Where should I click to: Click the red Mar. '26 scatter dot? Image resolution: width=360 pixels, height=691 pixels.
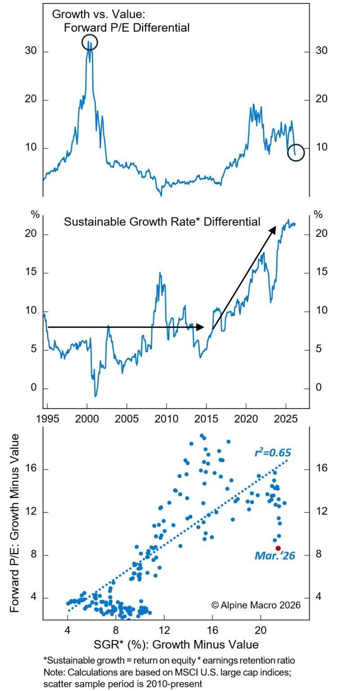(278, 548)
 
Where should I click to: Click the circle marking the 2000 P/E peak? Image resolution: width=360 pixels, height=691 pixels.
(90, 42)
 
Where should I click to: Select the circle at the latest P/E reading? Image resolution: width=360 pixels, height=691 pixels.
(296, 153)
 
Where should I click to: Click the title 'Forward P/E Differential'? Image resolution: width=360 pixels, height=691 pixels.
(126, 27)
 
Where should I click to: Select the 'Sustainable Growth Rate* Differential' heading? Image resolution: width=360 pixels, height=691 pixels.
(162, 221)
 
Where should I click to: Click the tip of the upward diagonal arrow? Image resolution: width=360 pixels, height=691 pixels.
(275, 227)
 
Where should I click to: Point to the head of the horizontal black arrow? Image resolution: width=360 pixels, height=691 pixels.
(203, 328)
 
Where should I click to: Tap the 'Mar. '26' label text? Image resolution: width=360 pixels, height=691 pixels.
(274, 556)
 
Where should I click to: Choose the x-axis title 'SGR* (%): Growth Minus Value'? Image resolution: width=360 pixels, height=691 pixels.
(176, 644)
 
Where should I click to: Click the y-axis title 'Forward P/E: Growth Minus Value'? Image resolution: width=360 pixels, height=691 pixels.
(15, 523)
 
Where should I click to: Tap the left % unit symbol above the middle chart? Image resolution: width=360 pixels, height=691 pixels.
(35, 215)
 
